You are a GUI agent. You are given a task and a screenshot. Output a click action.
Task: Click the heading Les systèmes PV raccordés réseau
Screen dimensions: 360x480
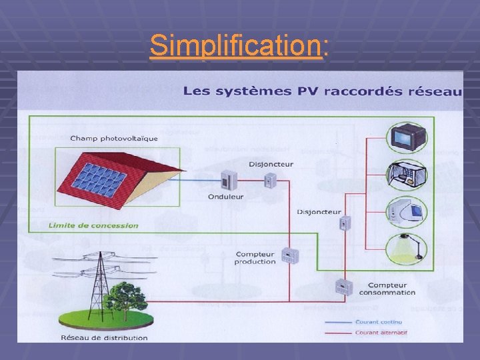pos(323,91)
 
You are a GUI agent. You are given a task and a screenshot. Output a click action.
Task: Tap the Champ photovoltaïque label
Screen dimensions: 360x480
pos(114,139)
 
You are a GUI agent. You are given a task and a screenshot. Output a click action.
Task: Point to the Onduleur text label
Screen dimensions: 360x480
pos(225,197)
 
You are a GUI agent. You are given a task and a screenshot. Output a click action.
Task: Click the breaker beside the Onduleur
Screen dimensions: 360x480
pos(270,179)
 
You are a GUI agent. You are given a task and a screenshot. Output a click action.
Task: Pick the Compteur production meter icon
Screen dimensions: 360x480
pos(289,255)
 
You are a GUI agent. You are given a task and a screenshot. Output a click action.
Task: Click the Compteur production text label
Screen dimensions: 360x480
pos(255,258)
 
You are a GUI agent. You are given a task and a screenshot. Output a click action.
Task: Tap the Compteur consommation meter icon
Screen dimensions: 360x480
pos(343,288)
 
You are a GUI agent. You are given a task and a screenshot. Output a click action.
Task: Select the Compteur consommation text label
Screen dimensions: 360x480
pos(387,289)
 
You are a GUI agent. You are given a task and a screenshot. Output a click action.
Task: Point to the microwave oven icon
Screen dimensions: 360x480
pos(407,174)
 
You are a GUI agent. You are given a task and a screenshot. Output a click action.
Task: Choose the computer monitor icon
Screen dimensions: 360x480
pos(407,209)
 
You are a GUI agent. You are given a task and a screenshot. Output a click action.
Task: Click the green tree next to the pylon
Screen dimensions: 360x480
pos(127,298)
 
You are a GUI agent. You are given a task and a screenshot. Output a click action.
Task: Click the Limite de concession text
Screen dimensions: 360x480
pos(94,225)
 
